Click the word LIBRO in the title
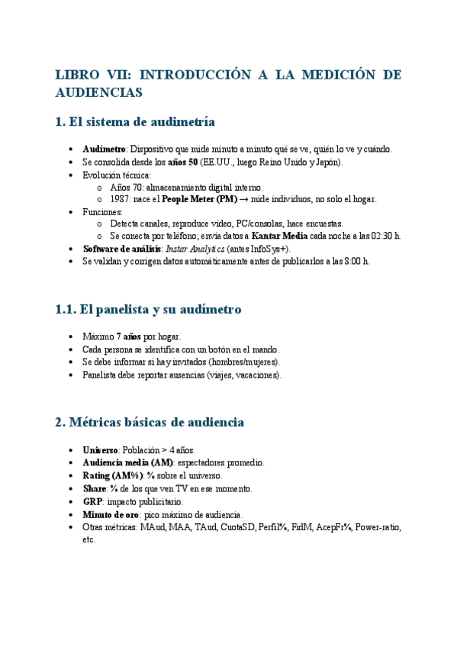77,75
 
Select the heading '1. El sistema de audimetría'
135,122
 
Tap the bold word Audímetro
104,150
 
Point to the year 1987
120,199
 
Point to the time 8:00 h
355,261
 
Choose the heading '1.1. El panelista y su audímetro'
148,310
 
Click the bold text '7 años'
128,336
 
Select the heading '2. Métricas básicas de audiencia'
150,422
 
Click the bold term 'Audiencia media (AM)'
127,462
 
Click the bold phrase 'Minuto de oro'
110,514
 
